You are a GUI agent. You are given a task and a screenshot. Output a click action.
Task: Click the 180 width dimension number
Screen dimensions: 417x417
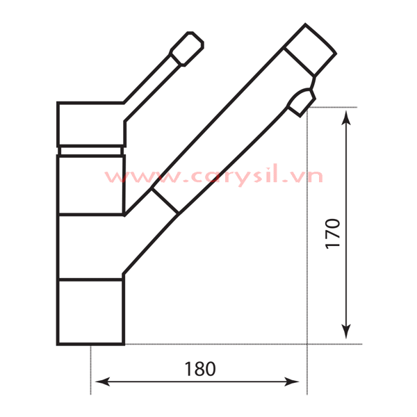click(x=200, y=369)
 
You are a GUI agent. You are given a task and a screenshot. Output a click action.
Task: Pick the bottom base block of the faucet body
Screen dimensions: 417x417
click(x=90, y=311)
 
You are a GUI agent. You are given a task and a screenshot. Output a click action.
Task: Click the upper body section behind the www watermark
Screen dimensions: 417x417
click(x=90, y=185)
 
